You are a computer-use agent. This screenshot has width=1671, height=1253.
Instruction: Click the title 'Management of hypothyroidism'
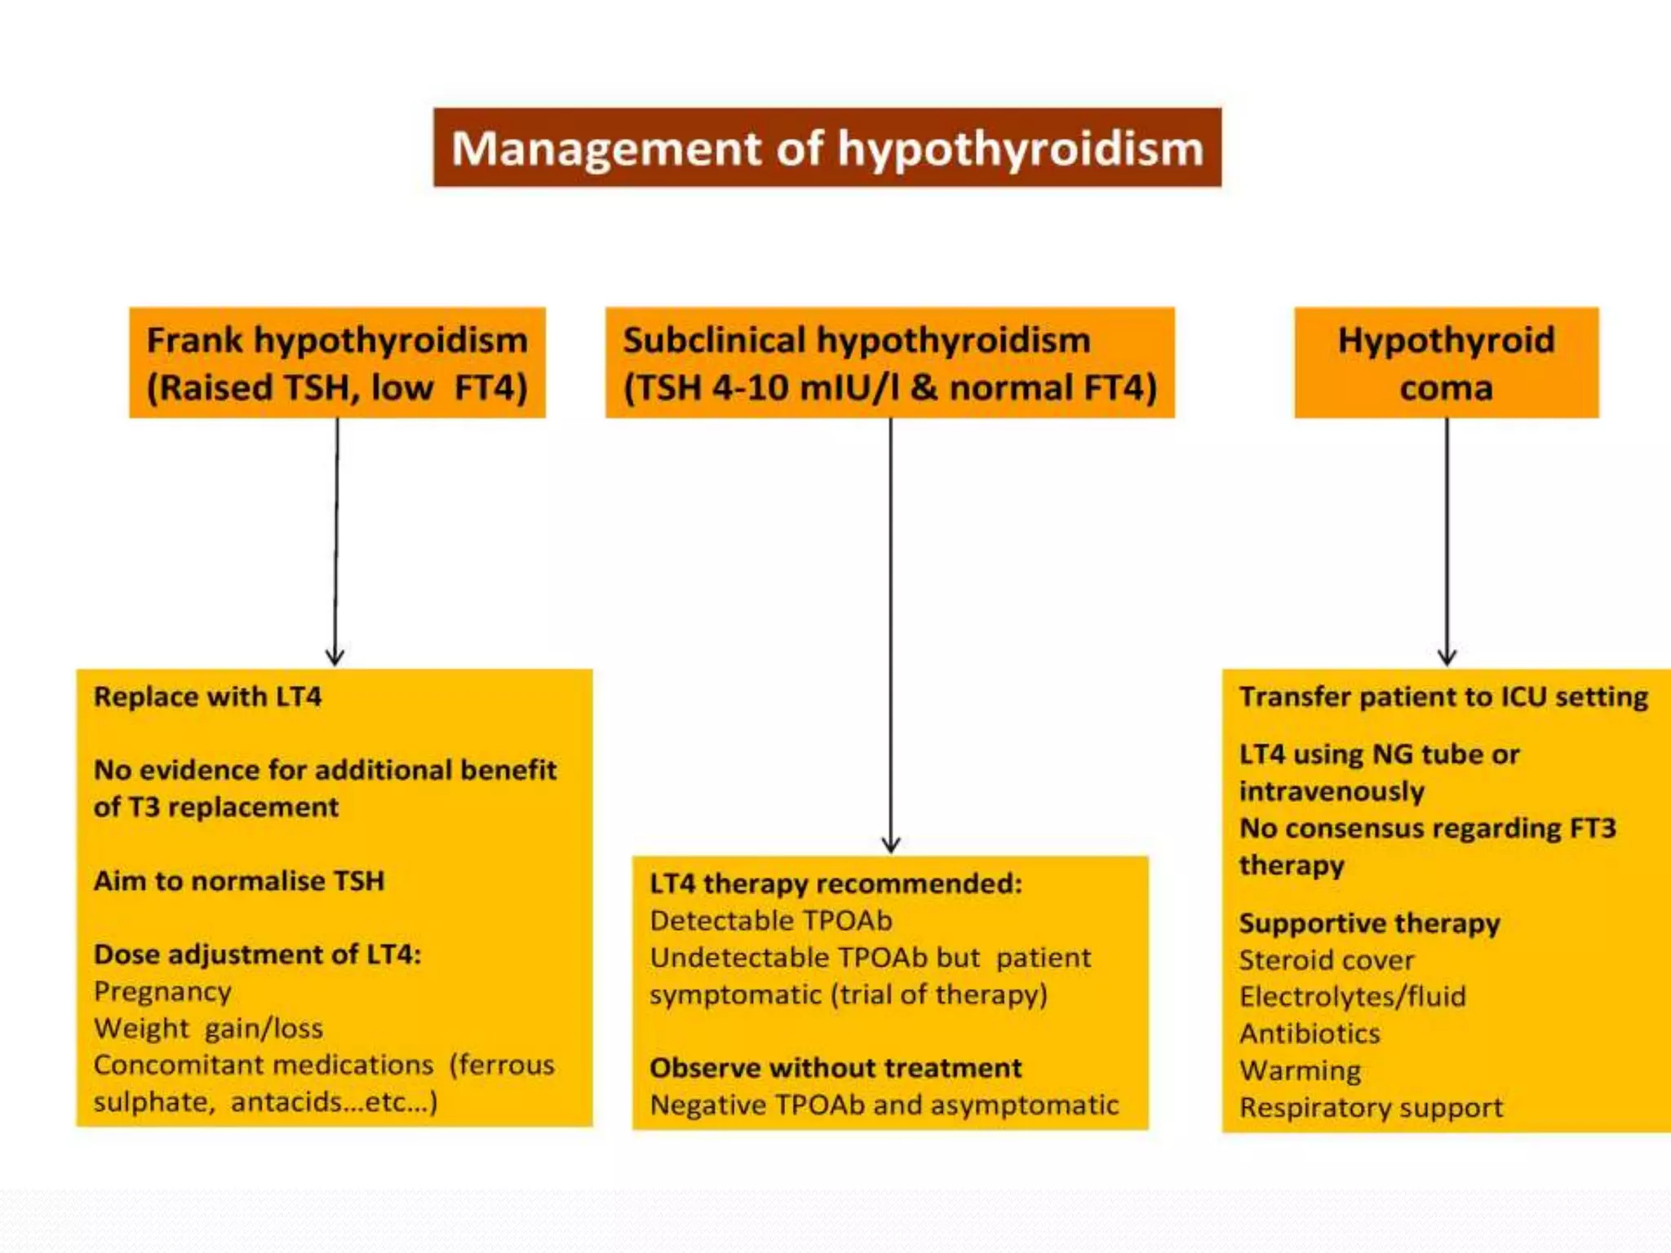(x=827, y=148)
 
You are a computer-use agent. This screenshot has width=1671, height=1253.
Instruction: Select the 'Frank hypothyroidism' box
(x=337, y=363)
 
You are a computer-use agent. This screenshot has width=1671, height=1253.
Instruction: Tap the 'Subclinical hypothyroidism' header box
(x=889, y=363)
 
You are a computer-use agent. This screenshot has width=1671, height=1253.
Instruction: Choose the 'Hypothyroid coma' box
(x=1446, y=363)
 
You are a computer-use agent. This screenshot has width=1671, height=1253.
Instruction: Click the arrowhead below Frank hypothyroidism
(x=335, y=657)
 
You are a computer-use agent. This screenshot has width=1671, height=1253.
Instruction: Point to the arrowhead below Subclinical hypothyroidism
(x=891, y=843)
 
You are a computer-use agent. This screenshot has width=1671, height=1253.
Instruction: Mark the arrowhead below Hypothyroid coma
(x=1447, y=657)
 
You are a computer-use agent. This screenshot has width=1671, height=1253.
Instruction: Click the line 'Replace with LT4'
(x=207, y=697)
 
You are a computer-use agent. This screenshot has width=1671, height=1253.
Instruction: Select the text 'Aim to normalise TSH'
(x=239, y=881)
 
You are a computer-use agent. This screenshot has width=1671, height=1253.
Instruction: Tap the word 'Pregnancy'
(x=162, y=991)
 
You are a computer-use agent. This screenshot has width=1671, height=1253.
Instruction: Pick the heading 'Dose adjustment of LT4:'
(x=257, y=954)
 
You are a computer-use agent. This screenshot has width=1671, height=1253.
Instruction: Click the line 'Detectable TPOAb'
(x=771, y=920)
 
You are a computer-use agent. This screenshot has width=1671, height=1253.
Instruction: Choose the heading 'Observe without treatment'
(x=835, y=1068)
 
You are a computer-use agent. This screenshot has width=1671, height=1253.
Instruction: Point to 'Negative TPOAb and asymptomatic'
(x=884, y=1105)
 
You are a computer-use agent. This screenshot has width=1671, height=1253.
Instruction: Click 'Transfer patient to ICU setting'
(x=1443, y=697)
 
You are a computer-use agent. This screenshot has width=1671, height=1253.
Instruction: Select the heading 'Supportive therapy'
(x=1369, y=923)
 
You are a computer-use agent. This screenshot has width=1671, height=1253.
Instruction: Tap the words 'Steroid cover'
(x=1326, y=960)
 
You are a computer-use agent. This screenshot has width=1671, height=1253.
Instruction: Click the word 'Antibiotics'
(x=1310, y=1034)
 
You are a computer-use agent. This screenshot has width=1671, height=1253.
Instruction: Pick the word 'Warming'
(x=1300, y=1070)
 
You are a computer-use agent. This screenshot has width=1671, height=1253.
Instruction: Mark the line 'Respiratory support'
(x=1371, y=1108)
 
